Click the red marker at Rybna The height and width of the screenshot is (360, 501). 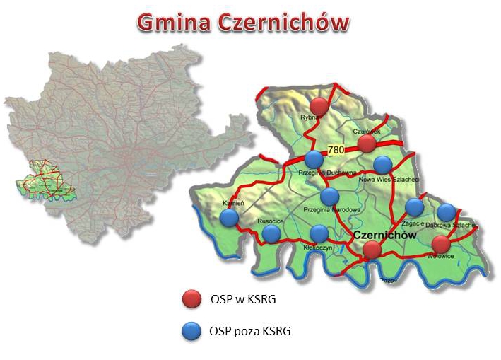(x=319, y=107)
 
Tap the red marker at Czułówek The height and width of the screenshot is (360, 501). (x=366, y=144)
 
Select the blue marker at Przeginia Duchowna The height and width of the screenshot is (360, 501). (x=314, y=160)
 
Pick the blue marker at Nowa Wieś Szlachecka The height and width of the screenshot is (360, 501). (x=382, y=165)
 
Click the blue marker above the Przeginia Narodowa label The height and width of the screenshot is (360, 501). (x=329, y=197)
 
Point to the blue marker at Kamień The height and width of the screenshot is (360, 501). (x=229, y=218)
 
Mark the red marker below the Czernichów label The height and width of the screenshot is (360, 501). (x=372, y=249)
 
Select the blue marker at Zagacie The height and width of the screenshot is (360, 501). (x=414, y=207)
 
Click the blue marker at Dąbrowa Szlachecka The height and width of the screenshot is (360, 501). (x=446, y=212)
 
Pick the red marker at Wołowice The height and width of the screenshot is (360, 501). (x=440, y=245)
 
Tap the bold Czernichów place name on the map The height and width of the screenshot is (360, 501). (x=380, y=234)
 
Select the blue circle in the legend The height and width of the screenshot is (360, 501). (x=189, y=331)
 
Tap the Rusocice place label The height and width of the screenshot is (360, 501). (x=271, y=221)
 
